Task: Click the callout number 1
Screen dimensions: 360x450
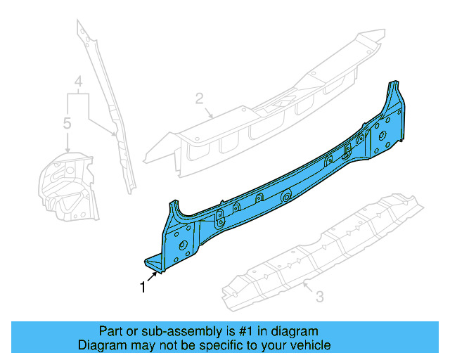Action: (143, 286)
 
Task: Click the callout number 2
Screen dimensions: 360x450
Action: (199, 98)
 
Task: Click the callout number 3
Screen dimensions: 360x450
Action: (319, 297)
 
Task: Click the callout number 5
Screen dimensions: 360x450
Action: (67, 124)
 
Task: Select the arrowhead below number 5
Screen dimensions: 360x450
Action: (67, 150)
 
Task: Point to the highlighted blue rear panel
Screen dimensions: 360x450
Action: (281, 190)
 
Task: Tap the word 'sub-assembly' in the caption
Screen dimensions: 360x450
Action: (162, 331)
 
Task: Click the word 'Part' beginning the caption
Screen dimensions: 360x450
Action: (110, 331)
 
